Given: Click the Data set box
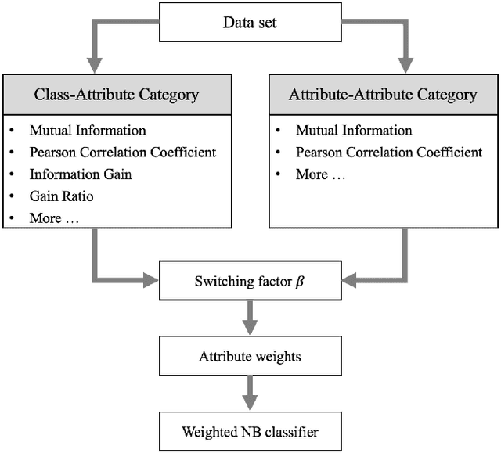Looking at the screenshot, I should pyautogui.click(x=250, y=23).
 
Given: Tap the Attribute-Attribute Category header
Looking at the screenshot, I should pyautogui.click(x=383, y=95).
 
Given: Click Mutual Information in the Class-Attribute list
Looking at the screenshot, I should pyautogui.click(x=88, y=131).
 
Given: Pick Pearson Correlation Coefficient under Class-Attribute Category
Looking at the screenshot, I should pyautogui.click(x=123, y=153).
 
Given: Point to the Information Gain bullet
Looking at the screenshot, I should pyautogui.click(x=81, y=174).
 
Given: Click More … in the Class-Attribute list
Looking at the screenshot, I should pyautogui.click(x=56, y=218).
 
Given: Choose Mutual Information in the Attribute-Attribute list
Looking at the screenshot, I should pyautogui.click(x=354, y=131).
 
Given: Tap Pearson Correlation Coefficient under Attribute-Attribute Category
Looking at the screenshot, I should pyautogui.click(x=389, y=153).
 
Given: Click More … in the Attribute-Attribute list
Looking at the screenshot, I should pyautogui.click(x=322, y=174).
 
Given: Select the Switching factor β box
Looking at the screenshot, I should pyautogui.click(x=250, y=280).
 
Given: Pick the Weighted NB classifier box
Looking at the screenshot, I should pyautogui.click(x=250, y=431).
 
